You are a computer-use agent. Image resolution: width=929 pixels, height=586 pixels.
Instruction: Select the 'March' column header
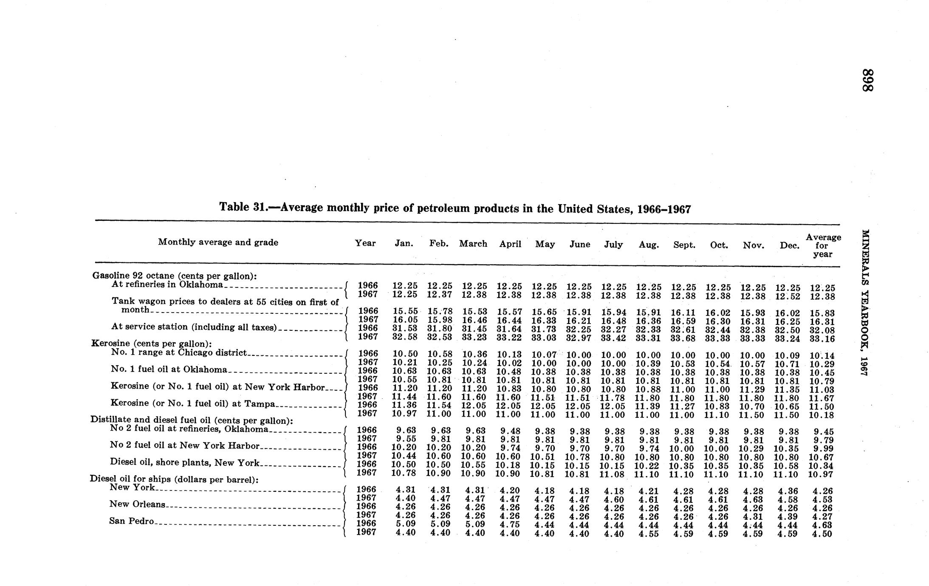[473, 244]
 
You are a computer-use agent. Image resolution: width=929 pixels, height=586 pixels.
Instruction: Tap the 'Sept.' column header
[684, 245]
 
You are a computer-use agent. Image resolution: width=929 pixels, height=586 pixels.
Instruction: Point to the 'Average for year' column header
[823, 245]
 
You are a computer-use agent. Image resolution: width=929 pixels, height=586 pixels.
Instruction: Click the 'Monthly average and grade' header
[218, 242]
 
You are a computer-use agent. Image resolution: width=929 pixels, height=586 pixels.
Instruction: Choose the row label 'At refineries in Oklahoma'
[167, 284]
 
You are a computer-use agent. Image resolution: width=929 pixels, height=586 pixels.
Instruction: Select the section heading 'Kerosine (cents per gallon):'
[152, 344]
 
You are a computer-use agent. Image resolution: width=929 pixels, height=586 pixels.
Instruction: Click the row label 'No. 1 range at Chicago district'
[179, 352]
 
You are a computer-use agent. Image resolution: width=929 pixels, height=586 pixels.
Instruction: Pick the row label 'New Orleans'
[137, 504]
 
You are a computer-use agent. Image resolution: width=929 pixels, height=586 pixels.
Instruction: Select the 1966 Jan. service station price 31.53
[404, 328]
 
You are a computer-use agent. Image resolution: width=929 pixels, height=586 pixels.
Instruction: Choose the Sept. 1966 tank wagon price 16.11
[683, 313]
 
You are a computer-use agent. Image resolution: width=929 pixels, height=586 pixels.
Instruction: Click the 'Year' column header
[365, 243]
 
